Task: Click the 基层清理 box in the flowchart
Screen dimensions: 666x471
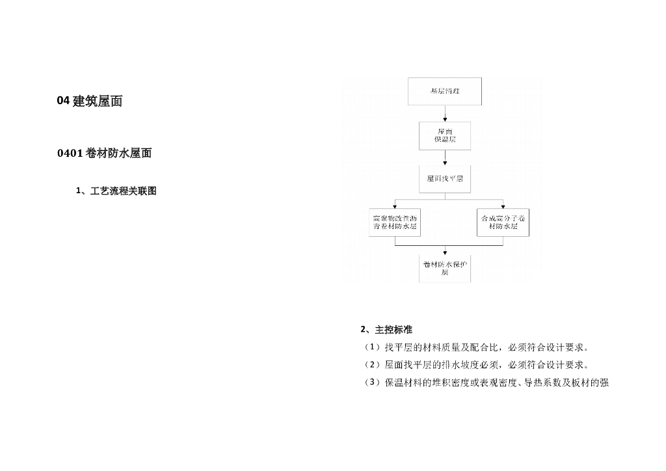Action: (445, 91)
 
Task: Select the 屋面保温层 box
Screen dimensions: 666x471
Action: (445, 135)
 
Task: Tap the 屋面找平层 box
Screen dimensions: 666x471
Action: (445, 178)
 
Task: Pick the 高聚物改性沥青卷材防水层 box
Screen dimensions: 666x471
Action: (395, 222)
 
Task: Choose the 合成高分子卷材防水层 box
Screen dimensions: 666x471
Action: (503, 222)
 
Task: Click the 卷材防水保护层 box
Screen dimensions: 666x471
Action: (445, 268)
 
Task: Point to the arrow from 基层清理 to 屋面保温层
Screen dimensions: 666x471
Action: (445, 113)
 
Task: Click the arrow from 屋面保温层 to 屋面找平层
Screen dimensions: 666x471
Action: (445, 157)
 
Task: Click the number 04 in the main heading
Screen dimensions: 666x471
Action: (63, 101)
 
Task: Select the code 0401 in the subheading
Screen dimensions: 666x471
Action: (70, 154)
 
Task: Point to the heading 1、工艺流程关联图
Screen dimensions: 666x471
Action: (116, 191)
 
